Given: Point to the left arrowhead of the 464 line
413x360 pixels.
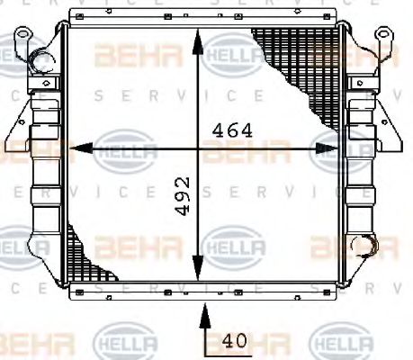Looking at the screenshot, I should [76, 147].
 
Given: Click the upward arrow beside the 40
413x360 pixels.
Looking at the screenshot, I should [205, 315].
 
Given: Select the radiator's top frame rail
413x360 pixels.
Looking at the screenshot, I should [205, 18].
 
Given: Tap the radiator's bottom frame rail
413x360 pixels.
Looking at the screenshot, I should [205, 291].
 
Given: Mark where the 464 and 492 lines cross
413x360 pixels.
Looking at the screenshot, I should [200, 147].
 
